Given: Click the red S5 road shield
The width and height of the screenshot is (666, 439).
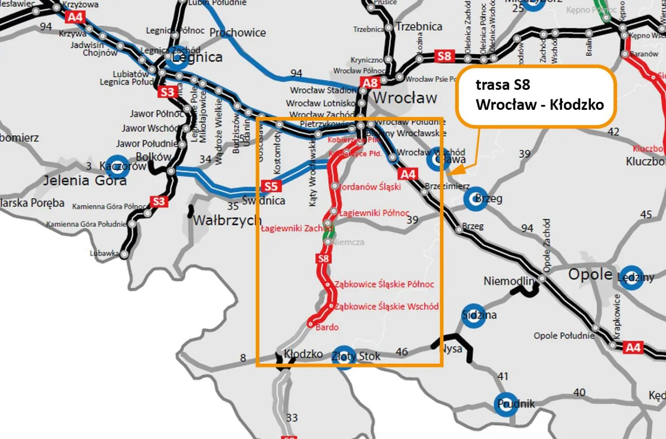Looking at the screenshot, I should pyautogui.click(x=271, y=186).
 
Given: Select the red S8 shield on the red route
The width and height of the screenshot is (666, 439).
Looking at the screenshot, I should pyautogui.click(x=323, y=259).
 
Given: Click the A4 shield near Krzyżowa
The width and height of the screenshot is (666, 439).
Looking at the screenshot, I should pyautogui.click(x=75, y=18).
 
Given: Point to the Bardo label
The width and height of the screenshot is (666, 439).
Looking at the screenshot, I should pyautogui.click(x=327, y=327).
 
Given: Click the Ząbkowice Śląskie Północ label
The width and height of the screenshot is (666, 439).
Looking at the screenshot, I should pyautogui.click(x=384, y=284).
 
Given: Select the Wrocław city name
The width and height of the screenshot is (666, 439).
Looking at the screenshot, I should pyautogui.click(x=405, y=98).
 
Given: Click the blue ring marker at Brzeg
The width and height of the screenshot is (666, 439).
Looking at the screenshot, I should pyautogui.click(x=475, y=198).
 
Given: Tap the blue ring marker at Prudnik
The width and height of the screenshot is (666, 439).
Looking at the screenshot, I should pyautogui.click(x=506, y=404).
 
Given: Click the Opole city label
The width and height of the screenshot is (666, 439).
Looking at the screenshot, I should pyautogui.click(x=590, y=274).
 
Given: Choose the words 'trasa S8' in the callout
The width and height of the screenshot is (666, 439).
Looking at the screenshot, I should pyautogui.click(x=502, y=85).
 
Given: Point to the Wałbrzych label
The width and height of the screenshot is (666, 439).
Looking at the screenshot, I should pyautogui.click(x=227, y=221).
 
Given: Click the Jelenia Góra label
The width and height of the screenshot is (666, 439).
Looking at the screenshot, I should pyautogui.click(x=85, y=181).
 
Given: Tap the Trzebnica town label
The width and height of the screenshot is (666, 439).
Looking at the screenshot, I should pyautogui.click(x=419, y=27).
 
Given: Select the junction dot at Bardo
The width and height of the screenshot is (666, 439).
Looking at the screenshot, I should pyautogui.click(x=310, y=324).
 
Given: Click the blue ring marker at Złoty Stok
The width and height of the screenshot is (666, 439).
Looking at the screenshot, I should pyautogui.click(x=343, y=357).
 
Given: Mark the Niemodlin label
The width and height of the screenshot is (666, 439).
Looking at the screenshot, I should pyautogui.click(x=509, y=281).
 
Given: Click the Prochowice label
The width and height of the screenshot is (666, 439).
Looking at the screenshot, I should pyautogui.click(x=237, y=33).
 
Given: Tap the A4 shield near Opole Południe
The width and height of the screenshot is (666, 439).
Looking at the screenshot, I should pyautogui.click(x=633, y=348).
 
